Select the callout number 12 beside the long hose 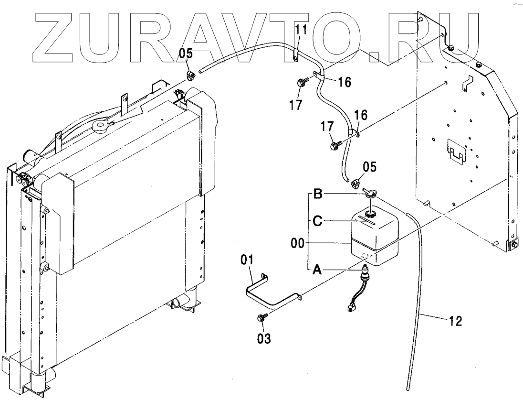point(456,322)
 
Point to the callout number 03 point(264,339)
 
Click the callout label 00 point(298,244)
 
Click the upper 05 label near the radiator point(186,53)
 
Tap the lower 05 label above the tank point(370,167)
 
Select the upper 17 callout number point(296,104)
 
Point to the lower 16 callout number point(361,114)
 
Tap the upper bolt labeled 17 point(302,83)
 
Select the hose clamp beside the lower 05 point(355,182)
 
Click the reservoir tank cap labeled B point(369,194)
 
